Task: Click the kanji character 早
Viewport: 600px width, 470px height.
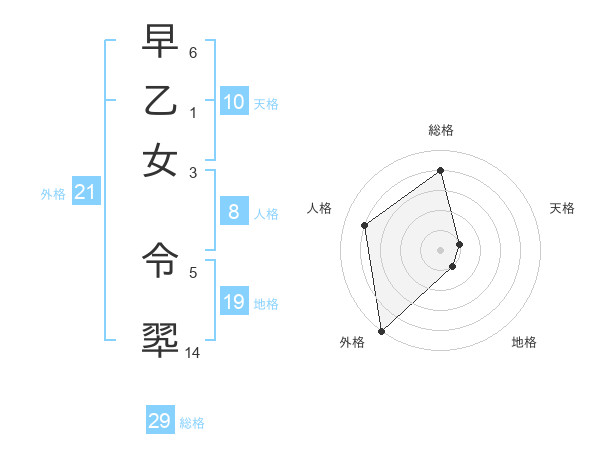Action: click(x=160, y=42)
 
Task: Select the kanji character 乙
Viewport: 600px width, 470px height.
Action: click(x=160, y=101)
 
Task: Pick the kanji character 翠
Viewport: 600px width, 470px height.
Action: click(x=160, y=339)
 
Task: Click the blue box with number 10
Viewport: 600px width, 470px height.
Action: click(x=234, y=102)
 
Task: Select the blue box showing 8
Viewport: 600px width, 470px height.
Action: click(x=234, y=212)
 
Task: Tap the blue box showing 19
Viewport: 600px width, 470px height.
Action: click(x=234, y=302)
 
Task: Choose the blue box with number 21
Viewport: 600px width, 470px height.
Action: click(x=84, y=193)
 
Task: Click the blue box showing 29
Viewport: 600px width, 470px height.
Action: click(x=160, y=421)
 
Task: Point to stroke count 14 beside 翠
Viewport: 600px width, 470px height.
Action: click(x=192, y=353)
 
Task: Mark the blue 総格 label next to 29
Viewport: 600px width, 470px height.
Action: click(x=193, y=423)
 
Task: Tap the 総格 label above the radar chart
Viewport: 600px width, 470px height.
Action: click(x=441, y=130)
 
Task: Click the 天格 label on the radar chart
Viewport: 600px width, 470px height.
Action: click(x=563, y=208)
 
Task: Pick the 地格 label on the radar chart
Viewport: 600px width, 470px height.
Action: click(x=524, y=342)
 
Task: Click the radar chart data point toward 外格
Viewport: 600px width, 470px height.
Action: click(x=381, y=330)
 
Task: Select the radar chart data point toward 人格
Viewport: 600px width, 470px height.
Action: click(x=365, y=225)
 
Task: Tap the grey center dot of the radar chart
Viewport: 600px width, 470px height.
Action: click(x=441, y=249)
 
